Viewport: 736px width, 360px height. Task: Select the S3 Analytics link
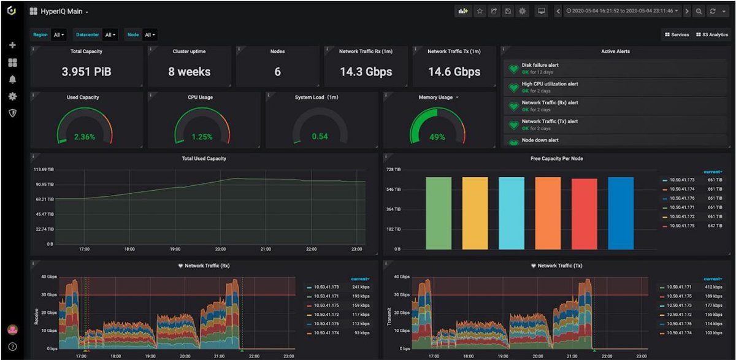(x=711, y=35)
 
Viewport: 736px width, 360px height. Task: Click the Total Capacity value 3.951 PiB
(x=86, y=72)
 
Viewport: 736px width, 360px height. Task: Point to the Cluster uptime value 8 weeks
(x=189, y=72)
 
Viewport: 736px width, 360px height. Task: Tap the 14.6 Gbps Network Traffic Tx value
(x=454, y=72)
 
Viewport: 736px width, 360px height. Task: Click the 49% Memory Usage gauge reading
(x=437, y=137)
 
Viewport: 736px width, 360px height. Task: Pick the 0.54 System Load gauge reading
(x=320, y=136)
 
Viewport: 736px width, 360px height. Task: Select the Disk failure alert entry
(x=540, y=64)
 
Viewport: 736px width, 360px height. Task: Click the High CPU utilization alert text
(x=550, y=83)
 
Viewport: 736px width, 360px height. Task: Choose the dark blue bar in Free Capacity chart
(x=621, y=213)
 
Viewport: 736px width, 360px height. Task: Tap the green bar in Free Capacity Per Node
(x=439, y=213)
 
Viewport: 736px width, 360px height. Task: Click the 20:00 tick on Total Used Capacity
(x=220, y=250)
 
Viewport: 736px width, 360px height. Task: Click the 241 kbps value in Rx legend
(x=359, y=287)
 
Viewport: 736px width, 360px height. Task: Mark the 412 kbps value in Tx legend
(x=713, y=287)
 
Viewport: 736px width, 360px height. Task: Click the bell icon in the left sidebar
(x=12, y=79)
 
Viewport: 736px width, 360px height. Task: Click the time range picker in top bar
(x=622, y=11)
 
